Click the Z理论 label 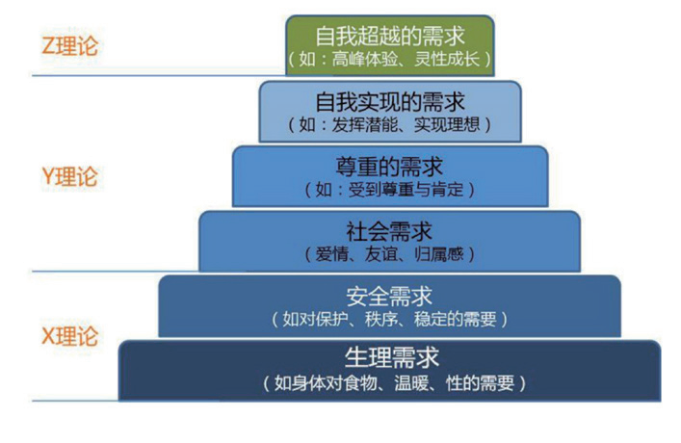70,45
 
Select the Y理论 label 70,177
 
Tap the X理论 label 70,337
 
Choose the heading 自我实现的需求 390,101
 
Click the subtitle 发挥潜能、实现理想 390,124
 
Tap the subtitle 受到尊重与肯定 390,189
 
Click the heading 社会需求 389,231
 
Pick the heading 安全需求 389,295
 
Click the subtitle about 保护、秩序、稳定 389,318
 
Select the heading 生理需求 391,358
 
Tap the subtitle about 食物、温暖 394,382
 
